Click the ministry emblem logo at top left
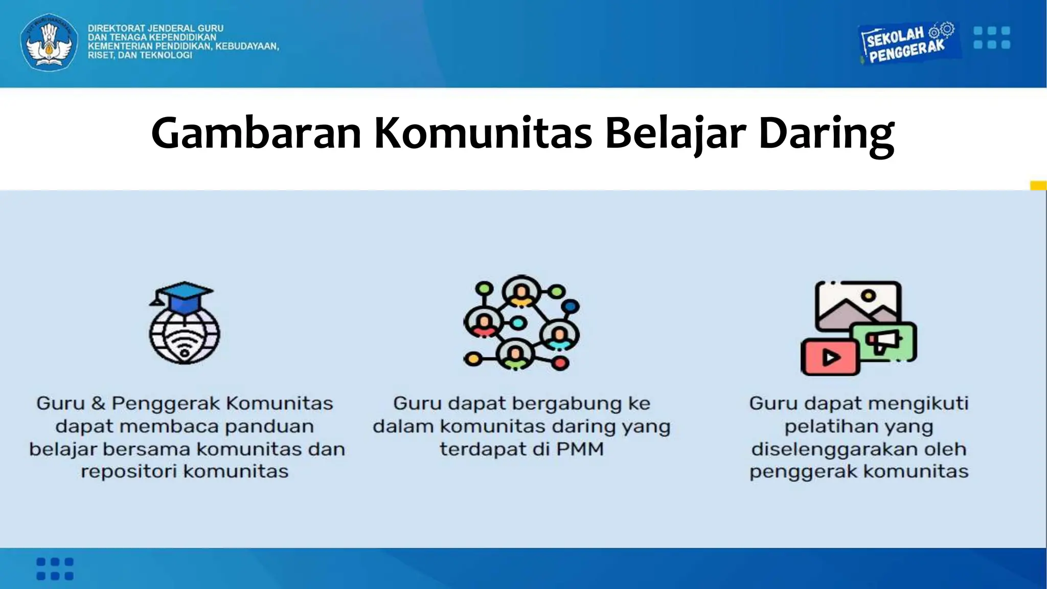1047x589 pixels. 49,42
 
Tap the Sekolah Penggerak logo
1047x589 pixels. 907,43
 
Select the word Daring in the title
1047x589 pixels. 826,133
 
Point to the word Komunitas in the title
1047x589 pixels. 483,133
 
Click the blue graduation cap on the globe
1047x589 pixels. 183,297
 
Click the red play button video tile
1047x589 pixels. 830,357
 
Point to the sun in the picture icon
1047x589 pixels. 868,296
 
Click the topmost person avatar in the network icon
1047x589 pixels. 521,292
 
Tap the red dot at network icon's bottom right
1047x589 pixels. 560,363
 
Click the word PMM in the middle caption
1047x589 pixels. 580,449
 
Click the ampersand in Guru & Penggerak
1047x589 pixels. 98,403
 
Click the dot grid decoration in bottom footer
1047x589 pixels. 55,569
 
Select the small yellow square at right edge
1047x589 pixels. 1038,186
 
